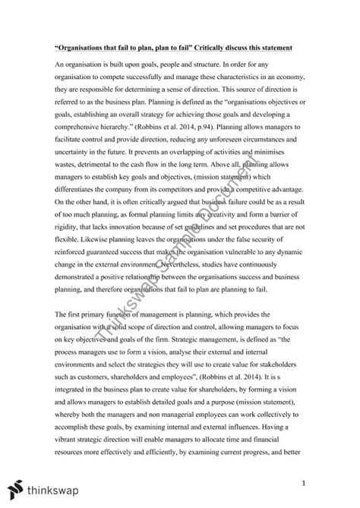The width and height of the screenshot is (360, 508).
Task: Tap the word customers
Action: (x=93, y=378)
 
